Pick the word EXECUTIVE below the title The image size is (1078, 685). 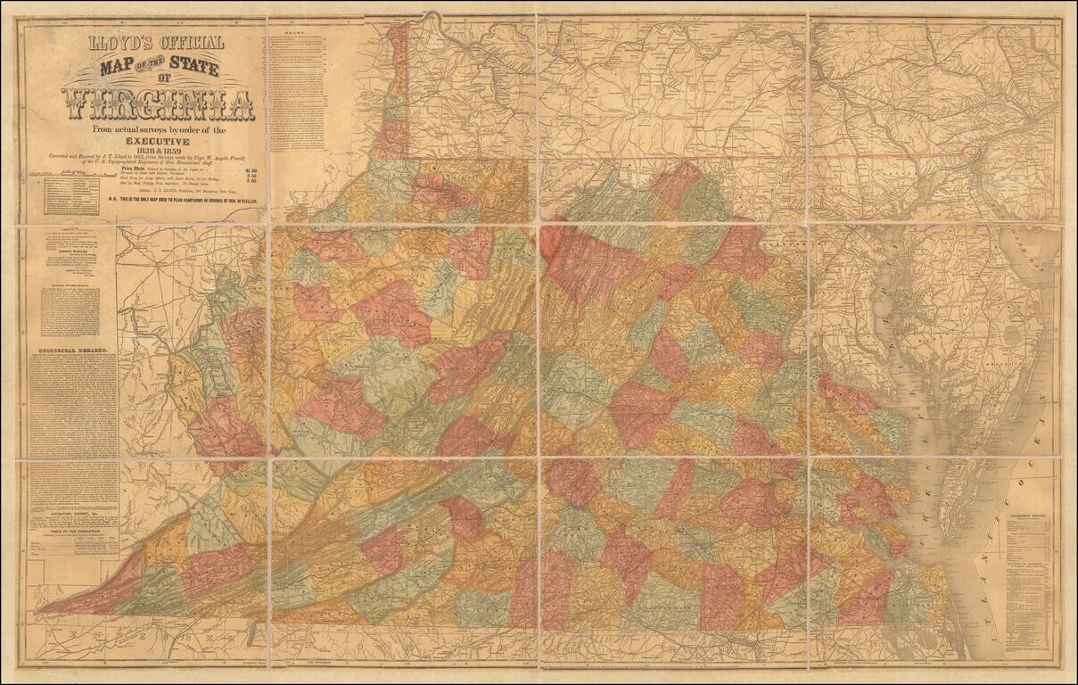coord(158,141)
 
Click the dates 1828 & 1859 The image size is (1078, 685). coord(159,151)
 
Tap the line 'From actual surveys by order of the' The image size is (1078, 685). coord(159,130)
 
